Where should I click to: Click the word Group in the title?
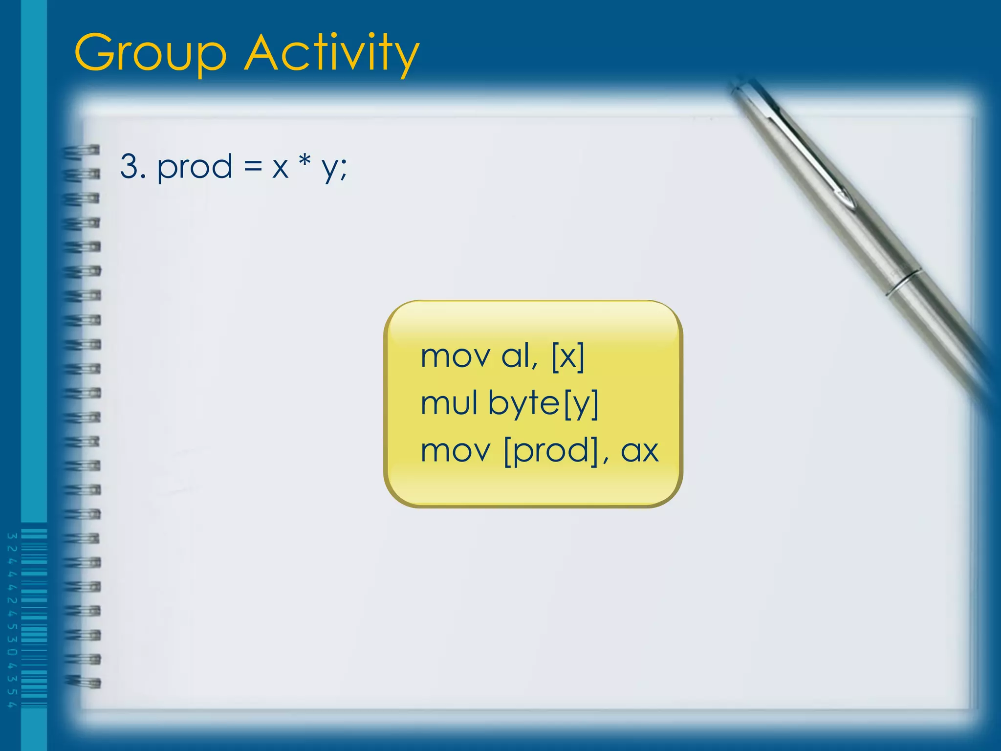click(x=151, y=54)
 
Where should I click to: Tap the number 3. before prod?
click(x=133, y=167)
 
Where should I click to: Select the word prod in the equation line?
click(x=194, y=168)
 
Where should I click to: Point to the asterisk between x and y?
click(x=305, y=161)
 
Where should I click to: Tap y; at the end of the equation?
click(x=334, y=169)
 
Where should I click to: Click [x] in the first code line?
click(x=567, y=356)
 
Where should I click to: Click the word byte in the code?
click(x=523, y=404)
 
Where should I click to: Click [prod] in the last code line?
click(x=551, y=451)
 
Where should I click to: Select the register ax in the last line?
click(x=639, y=451)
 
